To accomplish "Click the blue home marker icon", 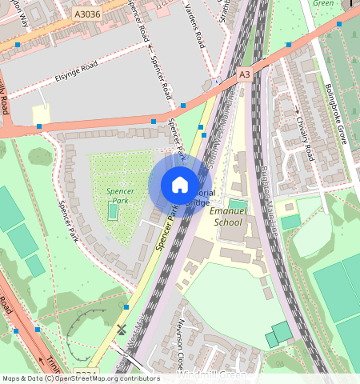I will point(180,186).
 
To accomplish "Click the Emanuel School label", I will point(225,218).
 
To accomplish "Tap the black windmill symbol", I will point(122,329).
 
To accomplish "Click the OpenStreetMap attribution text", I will point(80,378).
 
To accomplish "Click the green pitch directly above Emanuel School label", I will point(238,204).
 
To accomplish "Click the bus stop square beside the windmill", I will point(126,307).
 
